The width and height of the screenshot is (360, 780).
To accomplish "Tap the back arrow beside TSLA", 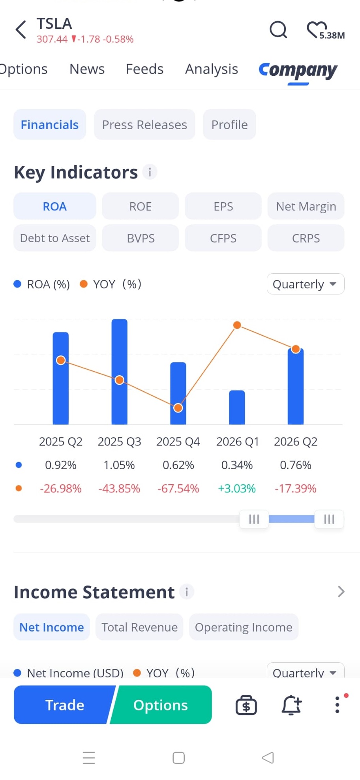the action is point(21,30).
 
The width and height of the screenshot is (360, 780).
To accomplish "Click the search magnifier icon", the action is point(278,30).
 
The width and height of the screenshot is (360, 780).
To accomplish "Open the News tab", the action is point(87,69).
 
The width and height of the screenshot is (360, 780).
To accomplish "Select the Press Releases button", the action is point(144,124).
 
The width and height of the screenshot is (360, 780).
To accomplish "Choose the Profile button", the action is point(229,124).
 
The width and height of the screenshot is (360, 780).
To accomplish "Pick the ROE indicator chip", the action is point(140,206).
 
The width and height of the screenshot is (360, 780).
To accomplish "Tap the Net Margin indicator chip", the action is point(306,206).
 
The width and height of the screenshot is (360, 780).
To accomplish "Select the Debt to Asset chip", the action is point(55,238).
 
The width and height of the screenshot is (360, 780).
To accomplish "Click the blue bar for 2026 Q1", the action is point(237,408).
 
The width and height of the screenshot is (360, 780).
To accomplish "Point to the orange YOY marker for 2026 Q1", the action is point(237,325).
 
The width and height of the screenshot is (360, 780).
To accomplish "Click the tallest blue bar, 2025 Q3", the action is point(119,372).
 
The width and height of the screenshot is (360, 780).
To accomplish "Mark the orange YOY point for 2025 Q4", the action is point(178,408).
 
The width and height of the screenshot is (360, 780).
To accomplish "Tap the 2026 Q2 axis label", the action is point(296,442).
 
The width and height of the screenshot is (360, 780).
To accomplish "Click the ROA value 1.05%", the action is point(119,465).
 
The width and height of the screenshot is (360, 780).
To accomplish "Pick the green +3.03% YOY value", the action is point(237,489).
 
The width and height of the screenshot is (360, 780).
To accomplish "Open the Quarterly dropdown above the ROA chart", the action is point(306,284).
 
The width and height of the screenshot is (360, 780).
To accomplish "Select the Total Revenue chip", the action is point(139,627).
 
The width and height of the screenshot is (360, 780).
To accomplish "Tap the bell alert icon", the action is point(291,705).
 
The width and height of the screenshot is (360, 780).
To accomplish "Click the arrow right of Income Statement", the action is point(341,592).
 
